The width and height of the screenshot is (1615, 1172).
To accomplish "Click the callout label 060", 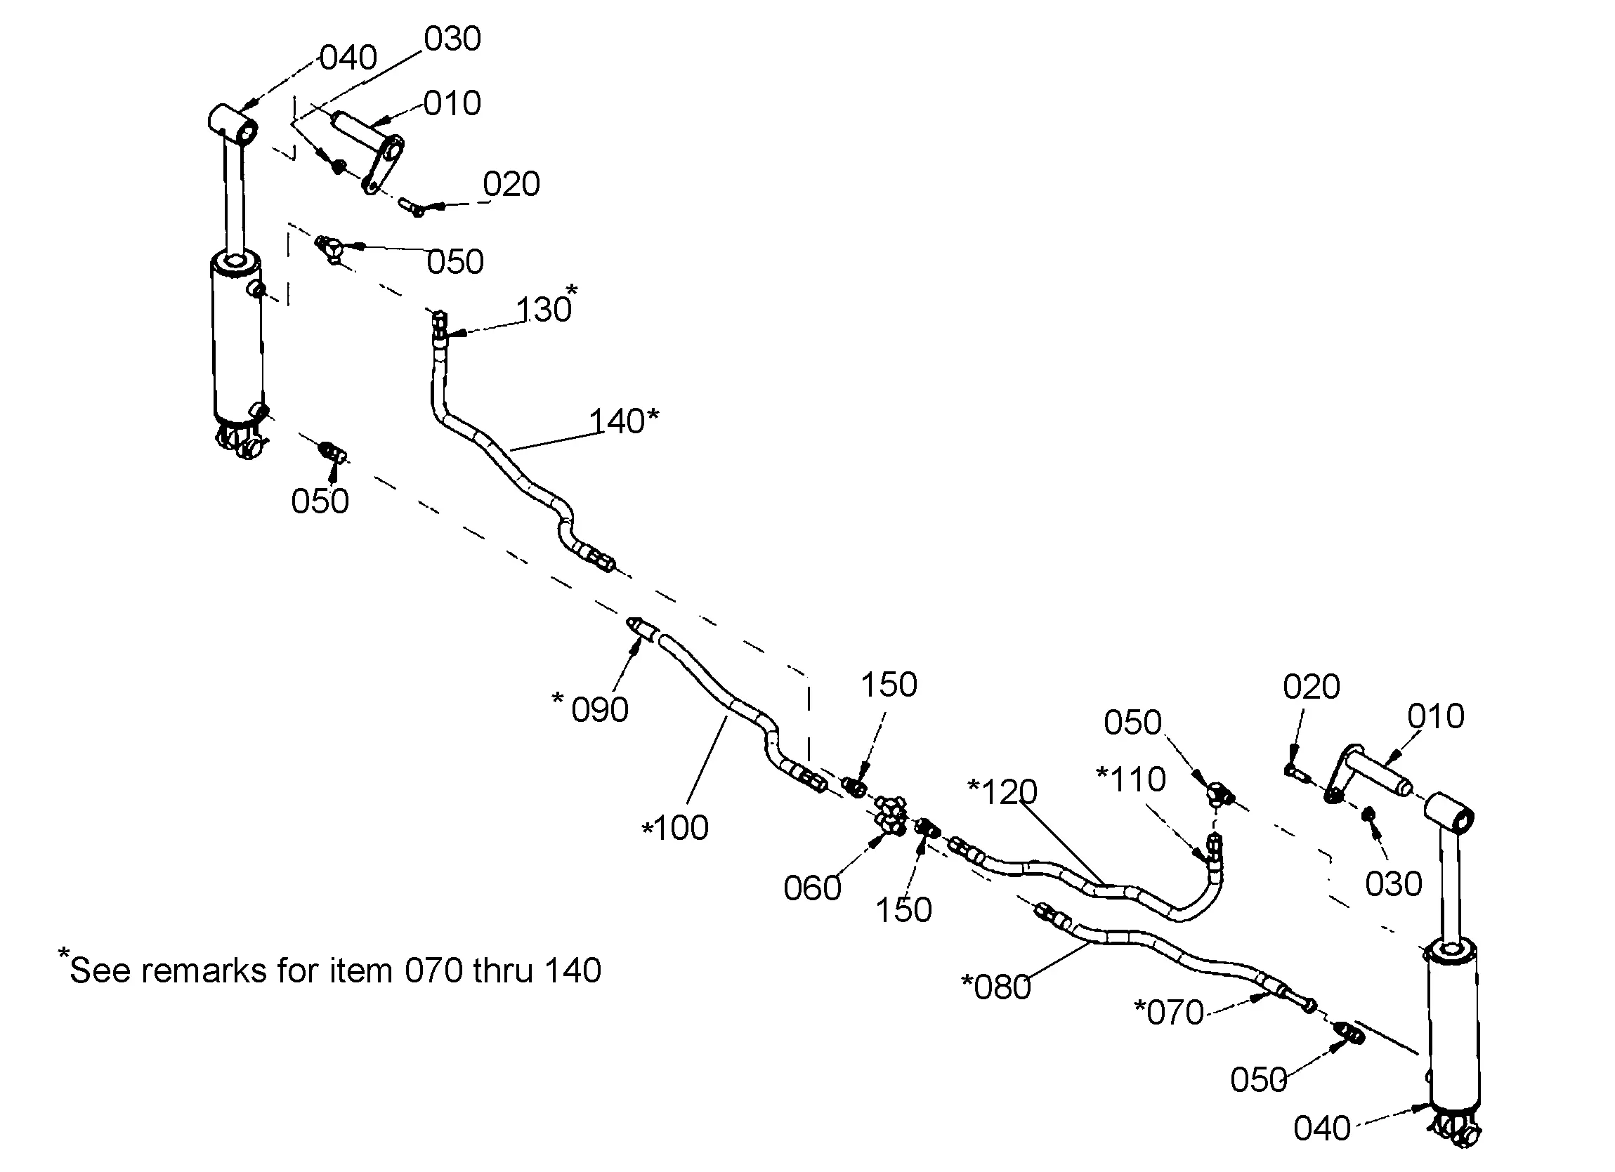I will [x=812, y=888].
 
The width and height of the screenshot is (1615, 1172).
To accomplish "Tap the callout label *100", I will [x=675, y=828].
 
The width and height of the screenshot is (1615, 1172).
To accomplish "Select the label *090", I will [x=591, y=709].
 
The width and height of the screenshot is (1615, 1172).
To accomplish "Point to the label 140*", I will [x=624, y=421].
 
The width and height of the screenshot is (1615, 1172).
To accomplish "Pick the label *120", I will [x=1002, y=792].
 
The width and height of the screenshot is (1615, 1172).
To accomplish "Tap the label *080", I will [x=996, y=987].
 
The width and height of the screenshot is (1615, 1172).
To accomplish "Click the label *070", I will [x=1168, y=1012].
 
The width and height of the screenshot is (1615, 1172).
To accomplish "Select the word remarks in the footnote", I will [x=204, y=970].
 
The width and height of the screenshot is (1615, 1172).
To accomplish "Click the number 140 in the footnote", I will [x=572, y=970].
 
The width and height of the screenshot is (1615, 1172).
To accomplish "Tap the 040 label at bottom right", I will [x=1321, y=1128].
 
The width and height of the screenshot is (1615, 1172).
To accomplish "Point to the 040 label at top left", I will [x=348, y=58].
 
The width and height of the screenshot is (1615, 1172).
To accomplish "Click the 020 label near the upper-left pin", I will [x=511, y=185].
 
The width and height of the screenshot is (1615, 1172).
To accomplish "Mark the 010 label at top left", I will [x=452, y=104].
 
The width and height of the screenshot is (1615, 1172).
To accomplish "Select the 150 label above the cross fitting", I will [x=889, y=685].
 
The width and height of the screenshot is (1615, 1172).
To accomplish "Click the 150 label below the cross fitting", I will [x=903, y=910].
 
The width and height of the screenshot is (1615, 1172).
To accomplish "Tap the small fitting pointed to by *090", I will [x=640, y=627].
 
